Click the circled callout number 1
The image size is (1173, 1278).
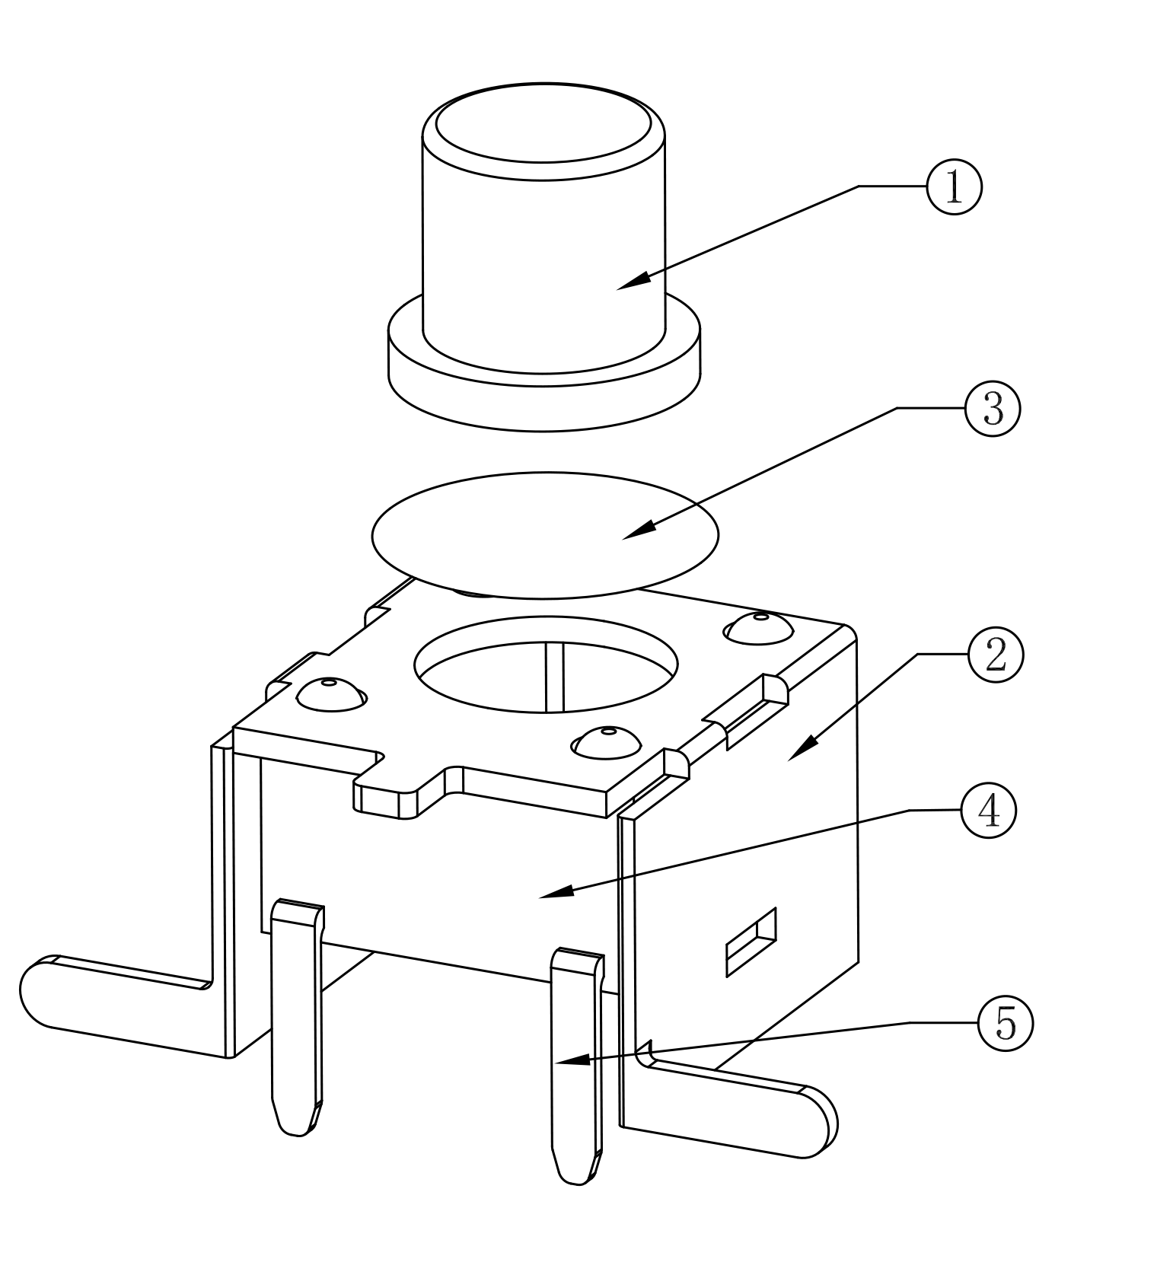click(x=954, y=186)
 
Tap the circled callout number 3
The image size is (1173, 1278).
click(x=992, y=409)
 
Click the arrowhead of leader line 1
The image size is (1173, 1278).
click(x=633, y=281)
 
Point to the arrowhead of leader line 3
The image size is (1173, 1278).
click(x=639, y=531)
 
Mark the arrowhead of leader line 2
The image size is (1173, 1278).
click(x=802, y=749)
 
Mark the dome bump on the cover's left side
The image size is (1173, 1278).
click(x=330, y=693)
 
